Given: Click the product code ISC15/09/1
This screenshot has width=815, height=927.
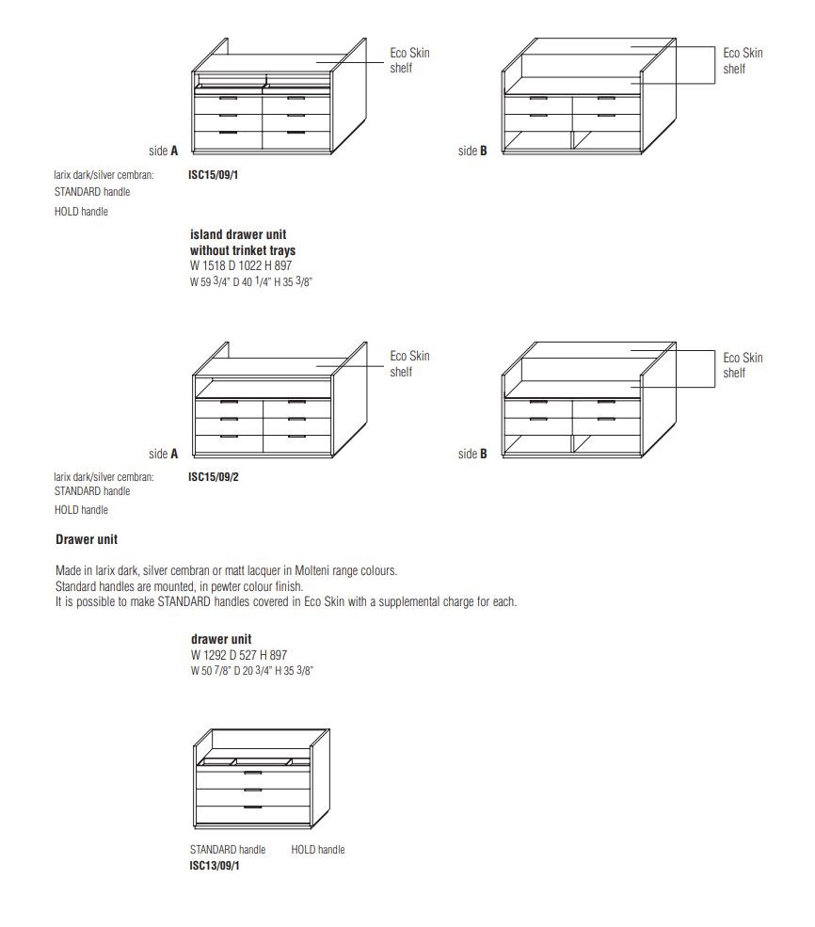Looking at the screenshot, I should pos(214,174).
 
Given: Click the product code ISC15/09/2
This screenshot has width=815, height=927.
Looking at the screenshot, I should pos(214,477).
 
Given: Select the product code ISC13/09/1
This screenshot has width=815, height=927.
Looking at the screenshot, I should pos(215,865).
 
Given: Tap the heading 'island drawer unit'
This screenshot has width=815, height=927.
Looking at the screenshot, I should pos(238,235).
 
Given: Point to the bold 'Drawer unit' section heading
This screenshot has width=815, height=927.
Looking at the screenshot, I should pos(87,540).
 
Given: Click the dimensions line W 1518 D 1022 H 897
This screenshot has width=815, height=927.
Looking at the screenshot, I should pos(241,265).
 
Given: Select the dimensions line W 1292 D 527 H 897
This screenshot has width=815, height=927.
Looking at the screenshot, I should pos(238,655).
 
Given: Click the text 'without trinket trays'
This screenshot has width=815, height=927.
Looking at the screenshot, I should pos(243,250).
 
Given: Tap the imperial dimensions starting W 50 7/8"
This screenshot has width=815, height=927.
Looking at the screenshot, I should pos(251,671).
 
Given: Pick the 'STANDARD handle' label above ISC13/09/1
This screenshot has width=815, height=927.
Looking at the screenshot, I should pos(228,850).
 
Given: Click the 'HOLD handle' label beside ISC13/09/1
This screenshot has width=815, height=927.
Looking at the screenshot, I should pos(318,850).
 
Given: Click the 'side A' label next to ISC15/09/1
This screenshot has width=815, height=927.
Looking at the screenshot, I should pos(164,151).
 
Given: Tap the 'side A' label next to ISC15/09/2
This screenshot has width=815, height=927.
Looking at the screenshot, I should pos(164,454).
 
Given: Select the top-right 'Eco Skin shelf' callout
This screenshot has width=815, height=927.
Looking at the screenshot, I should pos(743,60).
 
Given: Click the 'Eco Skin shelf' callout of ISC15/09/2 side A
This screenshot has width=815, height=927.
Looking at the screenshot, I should pos(409,363).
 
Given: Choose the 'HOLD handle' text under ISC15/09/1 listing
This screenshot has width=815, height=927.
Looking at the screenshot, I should pos(81,212).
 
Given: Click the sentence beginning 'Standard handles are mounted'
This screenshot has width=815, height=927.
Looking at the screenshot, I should pos(180,586).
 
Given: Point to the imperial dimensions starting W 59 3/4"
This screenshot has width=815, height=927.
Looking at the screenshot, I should pos(250,281).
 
